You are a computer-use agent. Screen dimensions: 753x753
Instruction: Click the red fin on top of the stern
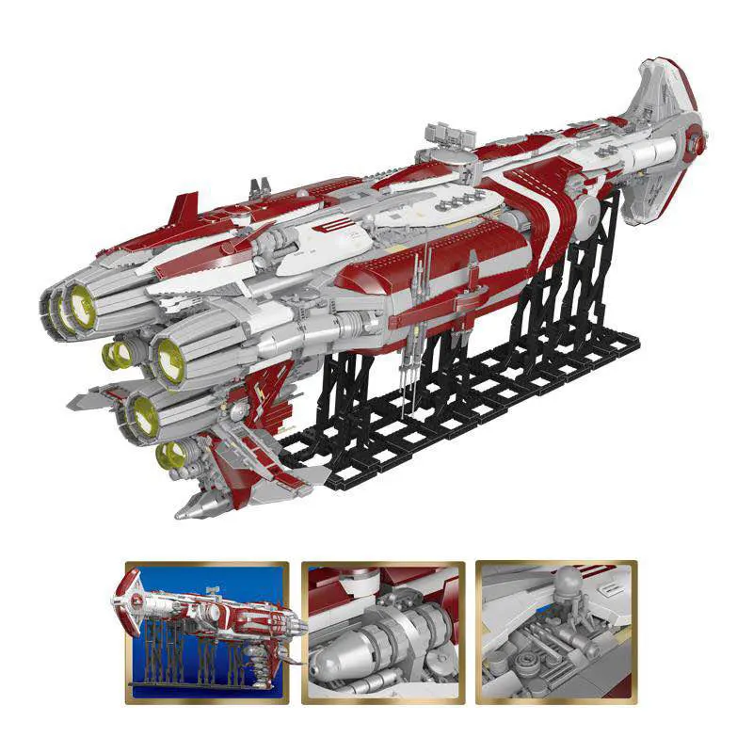click(184, 207)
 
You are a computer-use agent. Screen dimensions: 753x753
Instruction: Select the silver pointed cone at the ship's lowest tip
click(192, 507)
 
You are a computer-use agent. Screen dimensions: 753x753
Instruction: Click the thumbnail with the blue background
click(206, 633)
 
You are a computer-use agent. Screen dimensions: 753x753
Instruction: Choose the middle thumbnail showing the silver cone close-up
click(382, 633)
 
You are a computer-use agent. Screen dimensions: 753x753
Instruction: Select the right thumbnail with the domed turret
click(556, 633)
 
